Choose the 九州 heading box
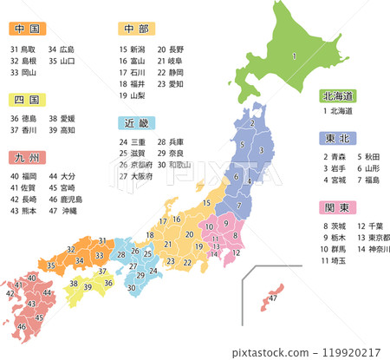26,156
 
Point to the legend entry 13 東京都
374,238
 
